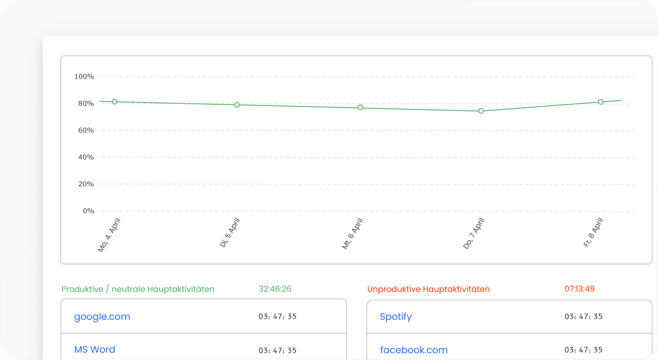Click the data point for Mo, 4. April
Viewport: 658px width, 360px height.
[115, 102]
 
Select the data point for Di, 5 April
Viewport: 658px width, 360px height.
[237, 105]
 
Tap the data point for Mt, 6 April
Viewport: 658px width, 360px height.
[360, 107]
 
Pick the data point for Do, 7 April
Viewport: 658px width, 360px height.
[481, 111]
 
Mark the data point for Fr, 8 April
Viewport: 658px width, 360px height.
[601, 102]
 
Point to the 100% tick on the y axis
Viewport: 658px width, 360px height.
[84, 77]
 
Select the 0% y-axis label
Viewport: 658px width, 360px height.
[88, 211]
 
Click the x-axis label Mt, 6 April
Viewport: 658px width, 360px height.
[352, 233]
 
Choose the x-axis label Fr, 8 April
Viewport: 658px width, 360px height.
[593, 233]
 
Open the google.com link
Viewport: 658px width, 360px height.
[102, 317]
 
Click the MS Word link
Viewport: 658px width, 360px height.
[95, 350]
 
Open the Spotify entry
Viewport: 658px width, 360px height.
[396, 317]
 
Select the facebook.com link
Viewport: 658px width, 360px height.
[414, 350]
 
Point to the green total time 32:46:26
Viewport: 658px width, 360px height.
[275, 289]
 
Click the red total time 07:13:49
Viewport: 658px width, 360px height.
[580, 289]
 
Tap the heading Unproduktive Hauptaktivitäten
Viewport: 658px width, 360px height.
[428, 289]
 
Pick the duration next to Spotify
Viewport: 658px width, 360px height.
[584, 317]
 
